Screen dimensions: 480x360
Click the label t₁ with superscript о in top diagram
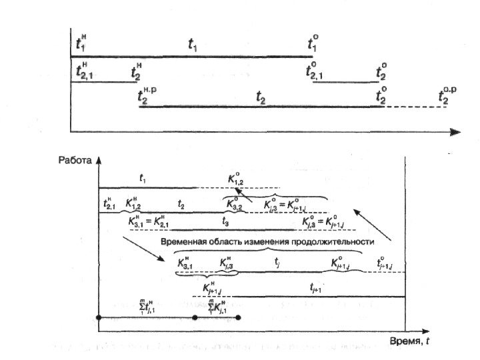coord(313,44)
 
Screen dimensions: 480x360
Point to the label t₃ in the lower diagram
coord(225,219)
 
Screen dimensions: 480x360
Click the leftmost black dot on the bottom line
coord(99,318)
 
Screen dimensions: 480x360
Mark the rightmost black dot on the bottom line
coord(238,318)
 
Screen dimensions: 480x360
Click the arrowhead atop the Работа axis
coord(98,160)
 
